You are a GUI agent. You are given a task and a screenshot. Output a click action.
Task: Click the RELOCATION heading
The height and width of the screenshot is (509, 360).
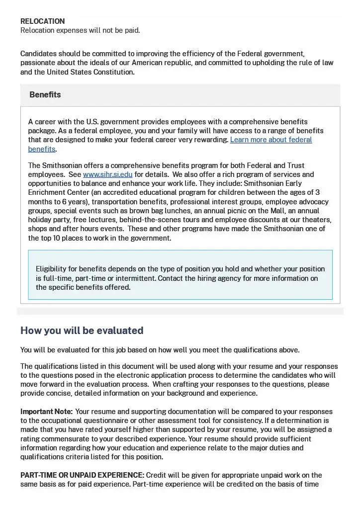pos(42,21)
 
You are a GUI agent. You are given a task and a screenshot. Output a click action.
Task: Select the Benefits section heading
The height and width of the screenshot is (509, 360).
pos(45,94)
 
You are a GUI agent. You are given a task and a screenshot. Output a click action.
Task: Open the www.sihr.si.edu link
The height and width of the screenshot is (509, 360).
pos(107,174)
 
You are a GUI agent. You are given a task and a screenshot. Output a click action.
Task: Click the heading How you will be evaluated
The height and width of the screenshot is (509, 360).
pos(82,331)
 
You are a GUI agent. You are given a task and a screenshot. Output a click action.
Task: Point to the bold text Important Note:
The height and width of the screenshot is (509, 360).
pos(46,412)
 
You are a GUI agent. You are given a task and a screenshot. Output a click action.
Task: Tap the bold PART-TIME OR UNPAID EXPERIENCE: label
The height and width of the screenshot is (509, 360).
pos(82,475)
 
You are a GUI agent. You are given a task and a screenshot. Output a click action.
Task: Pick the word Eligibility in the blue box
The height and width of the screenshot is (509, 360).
pos(51,269)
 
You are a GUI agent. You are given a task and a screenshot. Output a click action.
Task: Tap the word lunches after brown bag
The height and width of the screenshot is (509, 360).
pos(163,211)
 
